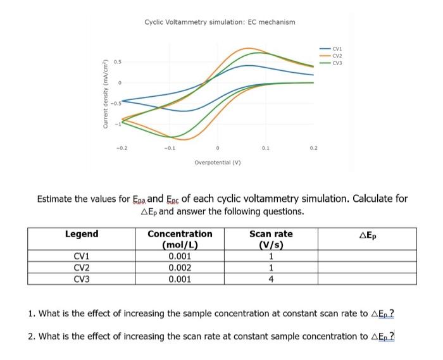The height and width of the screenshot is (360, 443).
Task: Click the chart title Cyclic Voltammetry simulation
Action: click(x=220, y=22)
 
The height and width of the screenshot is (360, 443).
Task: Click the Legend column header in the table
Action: click(x=82, y=234)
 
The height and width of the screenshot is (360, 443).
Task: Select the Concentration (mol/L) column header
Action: click(x=180, y=240)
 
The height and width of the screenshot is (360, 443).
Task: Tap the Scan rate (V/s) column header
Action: click(x=271, y=240)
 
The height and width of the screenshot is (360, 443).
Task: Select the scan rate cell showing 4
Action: click(x=271, y=279)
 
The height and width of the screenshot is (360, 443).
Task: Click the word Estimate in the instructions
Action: click(x=59, y=199)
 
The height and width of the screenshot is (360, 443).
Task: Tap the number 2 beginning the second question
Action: click(x=32, y=336)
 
